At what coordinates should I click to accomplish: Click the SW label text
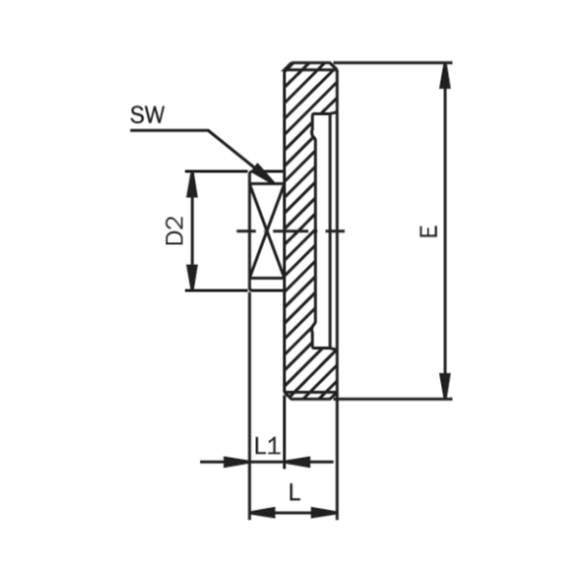(147, 115)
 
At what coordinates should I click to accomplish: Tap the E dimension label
(430, 231)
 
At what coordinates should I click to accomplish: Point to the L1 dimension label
(268, 447)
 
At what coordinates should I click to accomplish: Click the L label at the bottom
(294, 494)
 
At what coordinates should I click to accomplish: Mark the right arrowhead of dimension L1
(296, 462)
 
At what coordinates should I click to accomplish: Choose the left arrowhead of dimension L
(262, 513)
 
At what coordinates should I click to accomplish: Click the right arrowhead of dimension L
(324, 513)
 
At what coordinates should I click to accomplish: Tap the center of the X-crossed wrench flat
(266, 230)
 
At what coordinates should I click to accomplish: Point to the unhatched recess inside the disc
(324, 230)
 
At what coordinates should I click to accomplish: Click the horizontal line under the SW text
(169, 129)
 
